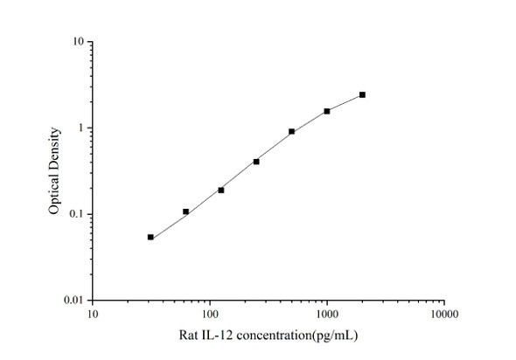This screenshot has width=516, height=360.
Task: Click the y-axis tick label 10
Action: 78,42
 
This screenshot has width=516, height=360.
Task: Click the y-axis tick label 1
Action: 80,128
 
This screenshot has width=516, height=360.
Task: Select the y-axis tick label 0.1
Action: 77,214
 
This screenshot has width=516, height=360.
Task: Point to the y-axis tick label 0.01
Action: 74,301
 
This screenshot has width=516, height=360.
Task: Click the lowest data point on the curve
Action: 150,237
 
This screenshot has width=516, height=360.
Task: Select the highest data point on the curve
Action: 362,94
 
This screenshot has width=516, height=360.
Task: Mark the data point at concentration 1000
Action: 327,111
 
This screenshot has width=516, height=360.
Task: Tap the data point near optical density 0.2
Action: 221,190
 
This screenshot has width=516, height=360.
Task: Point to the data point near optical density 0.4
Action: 256,161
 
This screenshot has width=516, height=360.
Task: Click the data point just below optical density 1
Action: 291,131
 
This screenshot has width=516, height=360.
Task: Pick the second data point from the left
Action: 185,211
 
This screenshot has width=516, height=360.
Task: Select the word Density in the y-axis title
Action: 53,150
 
